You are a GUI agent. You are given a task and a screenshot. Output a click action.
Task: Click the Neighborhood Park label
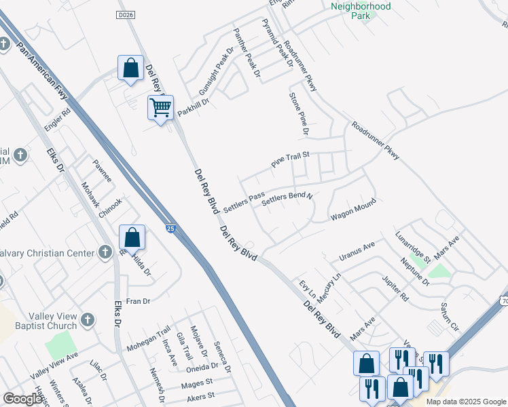coord(361,11)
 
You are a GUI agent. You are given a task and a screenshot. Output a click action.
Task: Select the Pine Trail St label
coord(290,160)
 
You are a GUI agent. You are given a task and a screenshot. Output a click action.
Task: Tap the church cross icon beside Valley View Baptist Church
coord(88,319)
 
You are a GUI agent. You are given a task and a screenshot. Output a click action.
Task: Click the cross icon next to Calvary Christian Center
coord(105,253)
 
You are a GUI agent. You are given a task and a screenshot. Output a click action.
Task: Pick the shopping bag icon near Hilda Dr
coord(132,237)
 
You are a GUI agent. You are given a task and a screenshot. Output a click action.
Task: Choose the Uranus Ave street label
coord(357,251)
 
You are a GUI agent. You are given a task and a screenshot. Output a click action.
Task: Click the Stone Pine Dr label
coord(299,113)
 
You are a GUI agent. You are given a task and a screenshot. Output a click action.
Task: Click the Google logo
coord(22,399)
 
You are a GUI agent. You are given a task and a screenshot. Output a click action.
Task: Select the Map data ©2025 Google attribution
coord(465,402)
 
